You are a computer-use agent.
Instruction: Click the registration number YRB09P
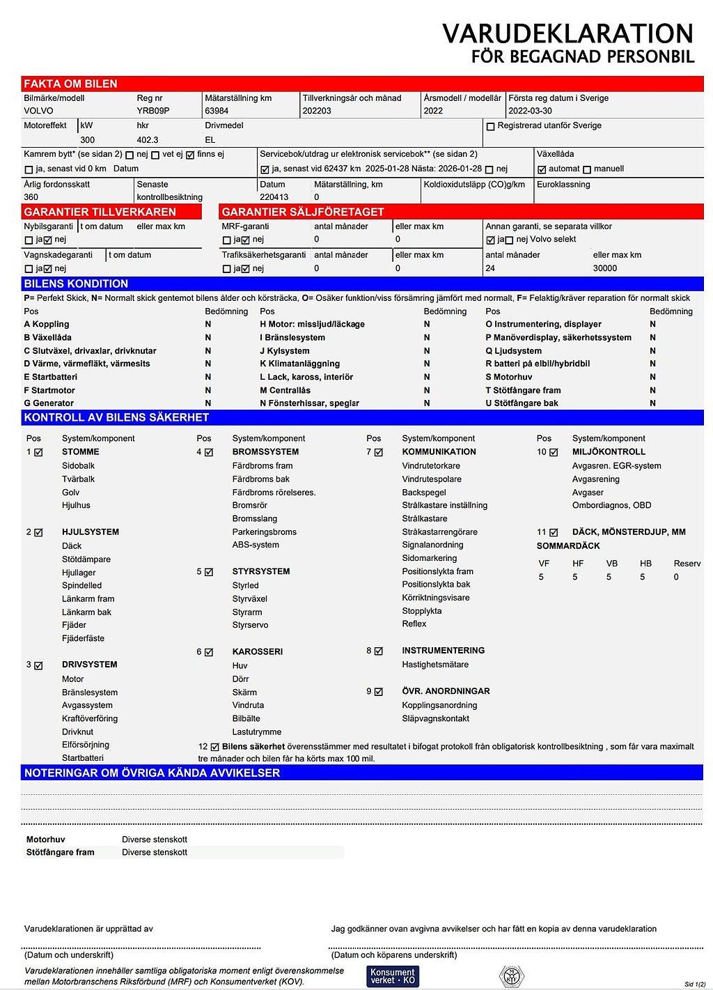coord(153,111)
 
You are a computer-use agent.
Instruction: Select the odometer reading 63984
coord(217,111)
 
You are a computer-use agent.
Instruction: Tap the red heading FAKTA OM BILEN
coord(70,84)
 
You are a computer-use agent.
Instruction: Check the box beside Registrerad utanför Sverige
coord(490,127)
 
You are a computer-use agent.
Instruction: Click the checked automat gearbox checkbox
coord(542,169)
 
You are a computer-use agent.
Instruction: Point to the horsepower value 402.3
coord(148,140)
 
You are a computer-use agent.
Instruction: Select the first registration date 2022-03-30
coord(530,111)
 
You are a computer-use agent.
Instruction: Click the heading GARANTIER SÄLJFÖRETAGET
coord(303,212)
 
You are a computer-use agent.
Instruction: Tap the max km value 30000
coord(605,268)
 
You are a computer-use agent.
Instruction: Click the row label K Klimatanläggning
coord(299,364)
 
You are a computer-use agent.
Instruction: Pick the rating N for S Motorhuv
coord(652,377)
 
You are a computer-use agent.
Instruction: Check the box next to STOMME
coord(38,452)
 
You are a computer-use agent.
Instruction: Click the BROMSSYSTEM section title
coord(265,452)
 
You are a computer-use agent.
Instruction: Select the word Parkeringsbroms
coord(264,532)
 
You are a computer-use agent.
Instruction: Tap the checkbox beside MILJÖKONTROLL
coord(554,452)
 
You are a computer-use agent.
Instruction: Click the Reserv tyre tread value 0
coord(676,578)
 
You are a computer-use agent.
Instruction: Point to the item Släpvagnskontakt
coord(435,719)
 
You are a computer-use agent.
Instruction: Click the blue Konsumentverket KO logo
coord(393,976)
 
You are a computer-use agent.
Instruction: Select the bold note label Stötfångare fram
coord(60,853)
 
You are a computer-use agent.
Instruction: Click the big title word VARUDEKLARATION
coord(567,33)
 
